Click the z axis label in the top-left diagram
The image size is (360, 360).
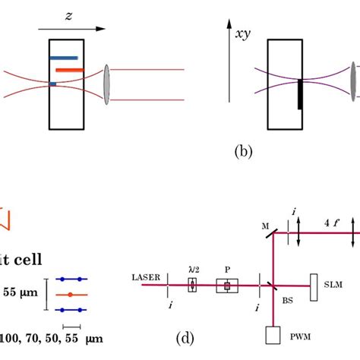68,15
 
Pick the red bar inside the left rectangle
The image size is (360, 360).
69,71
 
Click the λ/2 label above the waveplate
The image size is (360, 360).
192,269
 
